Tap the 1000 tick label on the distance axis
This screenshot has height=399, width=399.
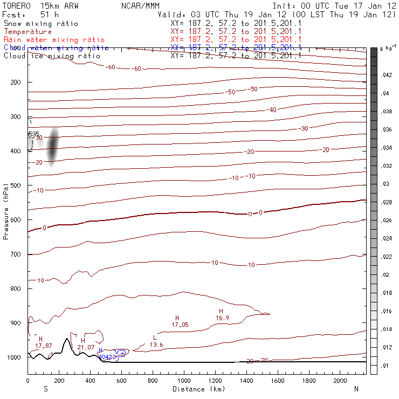coord(184,381)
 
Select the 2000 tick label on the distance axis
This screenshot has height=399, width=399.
coord(341,381)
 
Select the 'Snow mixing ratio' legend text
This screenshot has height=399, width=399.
coord(40,24)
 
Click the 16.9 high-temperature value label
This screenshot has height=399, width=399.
coord(223,318)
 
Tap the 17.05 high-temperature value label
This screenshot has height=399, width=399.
coord(180,325)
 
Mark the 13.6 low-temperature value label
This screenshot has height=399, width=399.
coord(156,345)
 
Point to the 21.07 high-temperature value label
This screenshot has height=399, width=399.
coord(86,347)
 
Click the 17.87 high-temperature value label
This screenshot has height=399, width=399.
coord(44,345)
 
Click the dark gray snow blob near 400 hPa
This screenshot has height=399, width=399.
coord(52,147)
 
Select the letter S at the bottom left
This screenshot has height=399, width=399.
coord(45,389)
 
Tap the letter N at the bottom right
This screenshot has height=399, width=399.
coord(356,389)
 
